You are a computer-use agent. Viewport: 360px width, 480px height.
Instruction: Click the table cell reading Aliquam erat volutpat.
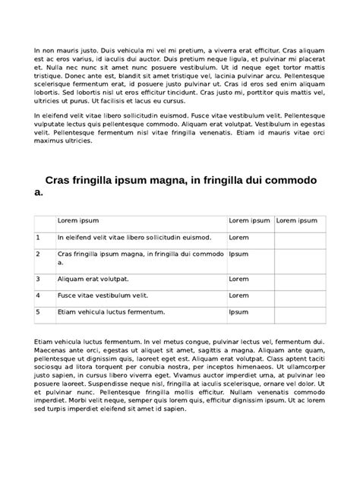click(x=93, y=279)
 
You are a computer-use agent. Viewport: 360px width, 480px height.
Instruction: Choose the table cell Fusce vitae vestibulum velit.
click(x=103, y=295)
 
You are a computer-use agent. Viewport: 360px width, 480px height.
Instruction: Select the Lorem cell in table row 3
click(x=239, y=279)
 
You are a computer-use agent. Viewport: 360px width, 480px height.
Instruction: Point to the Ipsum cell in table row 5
click(x=239, y=311)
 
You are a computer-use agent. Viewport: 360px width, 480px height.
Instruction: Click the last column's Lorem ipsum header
click(x=297, y=220)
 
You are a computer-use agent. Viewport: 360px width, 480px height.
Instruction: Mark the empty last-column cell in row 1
click(x=299, y=238)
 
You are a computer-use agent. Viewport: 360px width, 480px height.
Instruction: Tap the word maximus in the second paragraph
click(x=50, y=140)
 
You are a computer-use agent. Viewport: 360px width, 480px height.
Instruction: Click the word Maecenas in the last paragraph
click(x=50, y=351)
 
